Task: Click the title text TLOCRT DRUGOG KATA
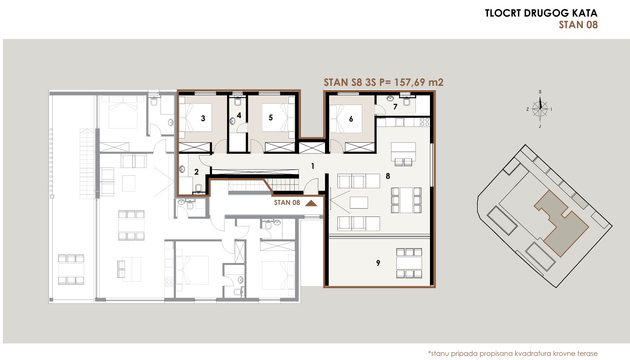click(x=541, y=13)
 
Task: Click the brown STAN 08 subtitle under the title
click(x=578, y=25)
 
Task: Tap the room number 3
click(x=203, y=119)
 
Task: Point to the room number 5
click(x=271, y=117)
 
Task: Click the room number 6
click(x=351, y=119)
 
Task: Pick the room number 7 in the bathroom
click(x=395, y=107)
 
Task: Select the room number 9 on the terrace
click(x=378, y=263)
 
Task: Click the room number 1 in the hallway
click(x=313, y=166)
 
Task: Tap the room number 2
click(x=196, y=172)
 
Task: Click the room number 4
click(x=239, y=115)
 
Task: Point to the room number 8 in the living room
click(x=388, y=176)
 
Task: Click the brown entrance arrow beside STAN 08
click(x=311, y=203)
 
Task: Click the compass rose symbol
click(x=540, y=109)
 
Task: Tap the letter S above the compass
click(x=540, y=92)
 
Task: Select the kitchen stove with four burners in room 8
click(x=425, y=122)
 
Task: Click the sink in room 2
click(x=182, y=169)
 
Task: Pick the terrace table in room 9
click(x=409, y=263)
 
